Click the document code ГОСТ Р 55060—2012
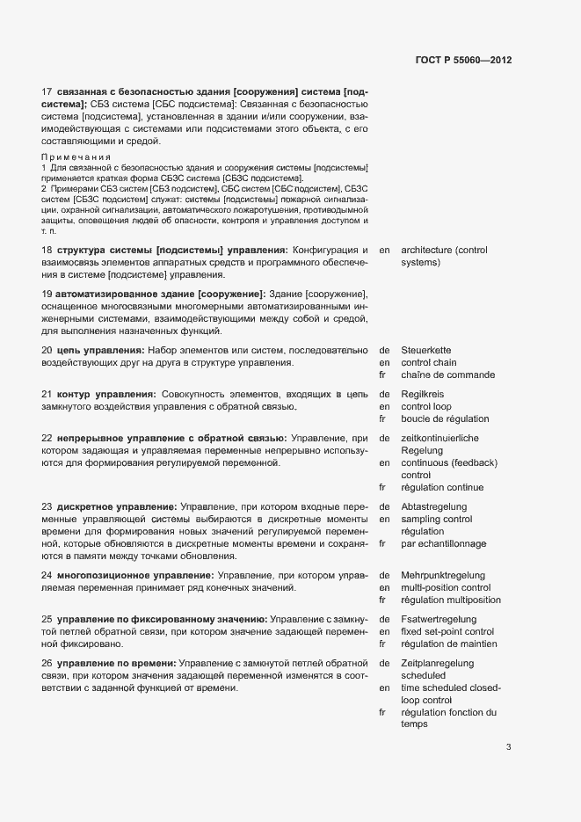coord(462,61)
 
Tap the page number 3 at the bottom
coord(508,747)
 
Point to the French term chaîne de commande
coord(447,375)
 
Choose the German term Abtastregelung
coord(434,506)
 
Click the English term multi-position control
coord(446,587)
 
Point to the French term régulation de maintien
coord(448,644)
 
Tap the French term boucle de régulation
coord(445,418)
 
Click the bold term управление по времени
coord(116,663)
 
